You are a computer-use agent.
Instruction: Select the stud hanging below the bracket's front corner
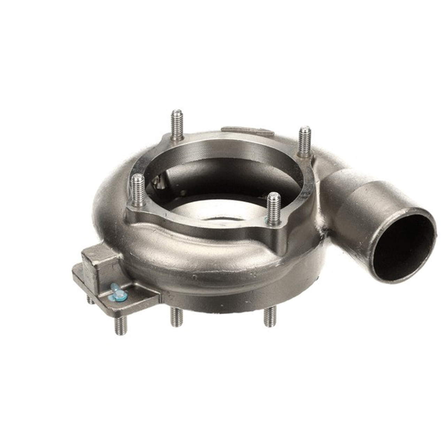click(120, 324)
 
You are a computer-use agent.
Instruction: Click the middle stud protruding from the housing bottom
click(176, 317)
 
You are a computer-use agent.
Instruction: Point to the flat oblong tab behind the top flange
click(247, 131)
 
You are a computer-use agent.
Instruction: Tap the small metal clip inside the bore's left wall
click(159, 181)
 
